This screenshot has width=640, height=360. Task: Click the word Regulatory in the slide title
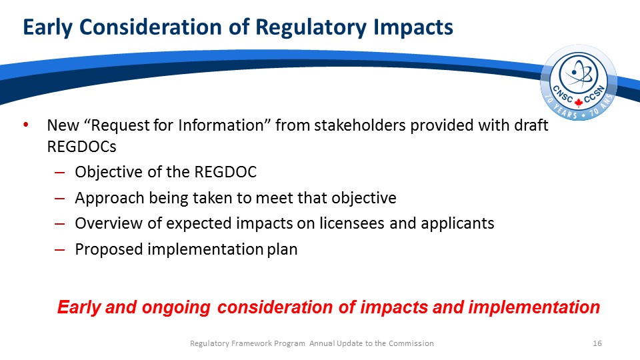click(311, 27)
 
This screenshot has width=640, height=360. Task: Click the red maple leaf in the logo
click(579, 102)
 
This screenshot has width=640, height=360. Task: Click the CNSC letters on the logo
click(563, 94)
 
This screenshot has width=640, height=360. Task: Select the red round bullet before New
click(26, 124)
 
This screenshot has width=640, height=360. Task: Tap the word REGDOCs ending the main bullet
click(81, 147)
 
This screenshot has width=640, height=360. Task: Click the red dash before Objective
click(59, 173)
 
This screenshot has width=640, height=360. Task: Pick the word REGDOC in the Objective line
click(225, 172)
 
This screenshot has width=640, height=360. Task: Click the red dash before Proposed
click(59, 250)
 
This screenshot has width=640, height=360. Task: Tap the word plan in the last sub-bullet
click(283, 249)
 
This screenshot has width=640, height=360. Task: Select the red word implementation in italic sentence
click(534, 307)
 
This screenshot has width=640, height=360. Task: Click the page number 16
click(597, 343)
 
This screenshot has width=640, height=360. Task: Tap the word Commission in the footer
click(411, 343)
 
